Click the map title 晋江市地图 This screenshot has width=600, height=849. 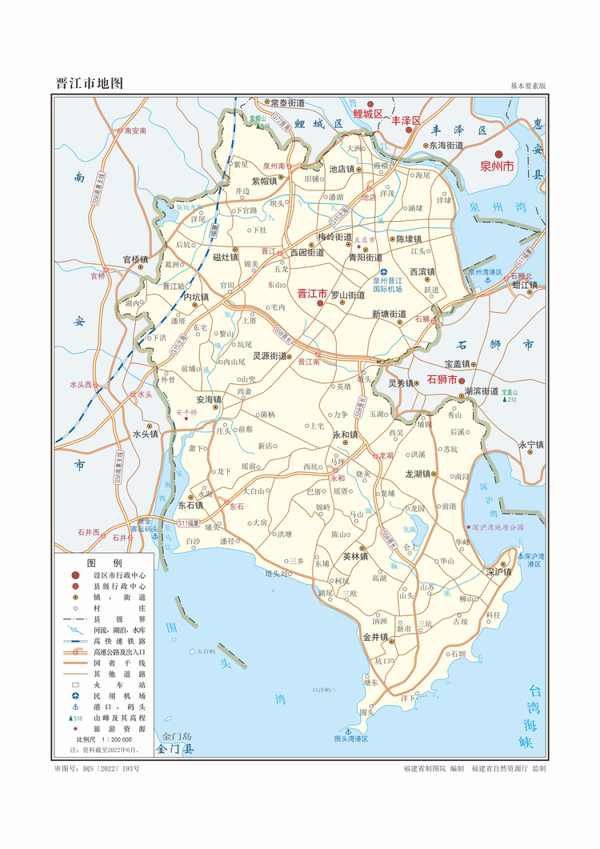coord(89,83)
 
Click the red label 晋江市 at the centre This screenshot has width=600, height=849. coord(311,294)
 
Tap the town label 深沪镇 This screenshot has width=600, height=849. coord(497,572)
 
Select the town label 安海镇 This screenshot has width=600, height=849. coord(208,398)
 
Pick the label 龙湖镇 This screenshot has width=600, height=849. coord(419,474)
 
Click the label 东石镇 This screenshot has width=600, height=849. coord(190,505)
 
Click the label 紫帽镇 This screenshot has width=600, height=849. coord(264,181)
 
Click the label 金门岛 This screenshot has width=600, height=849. coord(177,736)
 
